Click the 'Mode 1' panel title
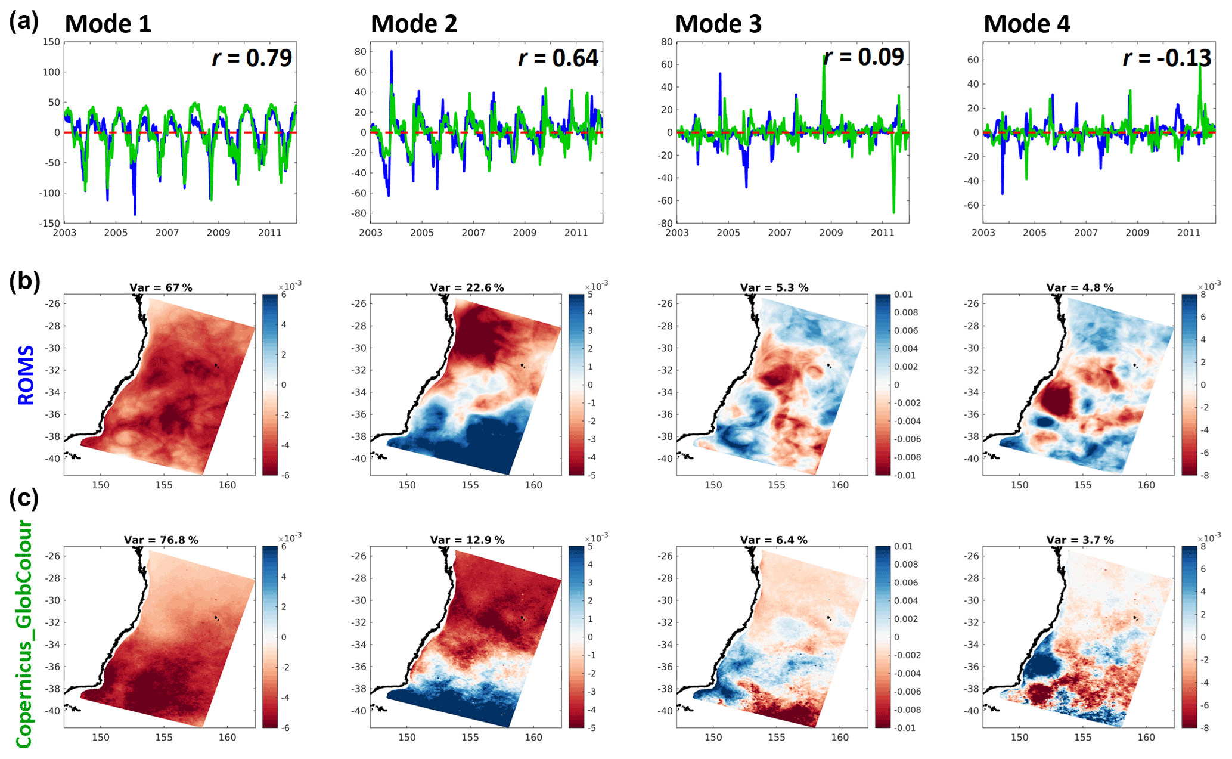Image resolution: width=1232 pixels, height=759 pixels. point(108,24)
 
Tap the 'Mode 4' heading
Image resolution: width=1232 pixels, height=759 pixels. point(1026,24)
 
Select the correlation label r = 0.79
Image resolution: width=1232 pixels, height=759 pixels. point(252,58)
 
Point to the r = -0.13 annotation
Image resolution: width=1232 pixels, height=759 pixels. point(1167,58)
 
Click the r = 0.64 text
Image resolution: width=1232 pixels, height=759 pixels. point(558,58)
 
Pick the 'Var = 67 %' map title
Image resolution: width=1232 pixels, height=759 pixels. point(161,287)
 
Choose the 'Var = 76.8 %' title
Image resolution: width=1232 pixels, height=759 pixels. point(161,540)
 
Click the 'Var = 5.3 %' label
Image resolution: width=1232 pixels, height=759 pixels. point(774,287)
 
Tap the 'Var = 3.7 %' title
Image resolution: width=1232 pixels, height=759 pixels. point(1080,540)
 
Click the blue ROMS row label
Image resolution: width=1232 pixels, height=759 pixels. point(26,376)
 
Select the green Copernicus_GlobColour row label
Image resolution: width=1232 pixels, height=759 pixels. point(24,634)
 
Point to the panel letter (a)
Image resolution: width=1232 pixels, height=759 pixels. point(24,21)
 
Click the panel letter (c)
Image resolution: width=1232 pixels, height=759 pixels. point(24,498)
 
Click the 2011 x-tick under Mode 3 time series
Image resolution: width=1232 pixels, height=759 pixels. point(882,233)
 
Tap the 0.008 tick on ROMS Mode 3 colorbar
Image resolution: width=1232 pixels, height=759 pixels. point(906,312)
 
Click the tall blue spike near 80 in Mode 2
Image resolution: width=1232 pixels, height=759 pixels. point(392,52)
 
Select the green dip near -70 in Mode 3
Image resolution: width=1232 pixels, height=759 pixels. point(893,211)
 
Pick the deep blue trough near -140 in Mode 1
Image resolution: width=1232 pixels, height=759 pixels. point(135,213)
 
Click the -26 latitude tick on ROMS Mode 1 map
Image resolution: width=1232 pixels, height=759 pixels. point(52,303)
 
